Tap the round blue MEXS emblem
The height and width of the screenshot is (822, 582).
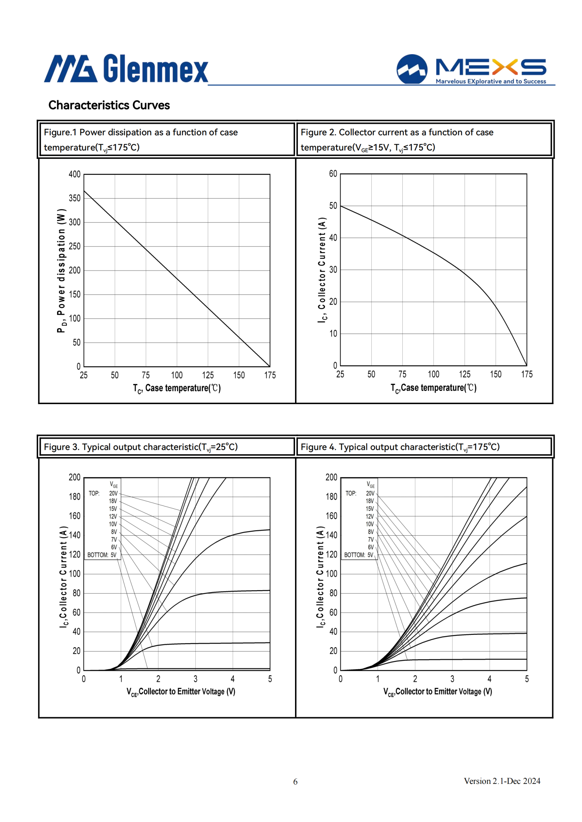tap(412, 69)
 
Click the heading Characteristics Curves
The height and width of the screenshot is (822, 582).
tap(109, 105)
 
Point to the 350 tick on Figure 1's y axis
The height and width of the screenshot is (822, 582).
tap(75, 198)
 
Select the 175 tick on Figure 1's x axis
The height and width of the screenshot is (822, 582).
tap(270, 375)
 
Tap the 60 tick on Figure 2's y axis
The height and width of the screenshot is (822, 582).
tap(333, 174)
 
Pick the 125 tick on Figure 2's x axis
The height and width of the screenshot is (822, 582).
tap(465, 374)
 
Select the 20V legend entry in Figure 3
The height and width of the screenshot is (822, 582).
tap(113, 493)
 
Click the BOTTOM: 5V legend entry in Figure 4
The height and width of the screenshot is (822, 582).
tap(359, 555)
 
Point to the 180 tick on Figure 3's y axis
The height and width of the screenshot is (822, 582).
tap(75, 496)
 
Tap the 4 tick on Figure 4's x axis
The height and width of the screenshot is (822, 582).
tap(490, 679)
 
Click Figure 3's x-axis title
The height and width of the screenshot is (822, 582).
tap(181, 692)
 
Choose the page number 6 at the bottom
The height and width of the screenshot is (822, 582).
tap(295, 782)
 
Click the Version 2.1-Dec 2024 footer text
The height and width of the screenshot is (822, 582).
tap(502, 781)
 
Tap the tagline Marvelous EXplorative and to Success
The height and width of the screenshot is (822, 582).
tap(491, 81)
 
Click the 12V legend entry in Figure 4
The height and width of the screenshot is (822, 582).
tap(370, 516)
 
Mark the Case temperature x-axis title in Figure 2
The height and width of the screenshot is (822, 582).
tap(434, 388)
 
